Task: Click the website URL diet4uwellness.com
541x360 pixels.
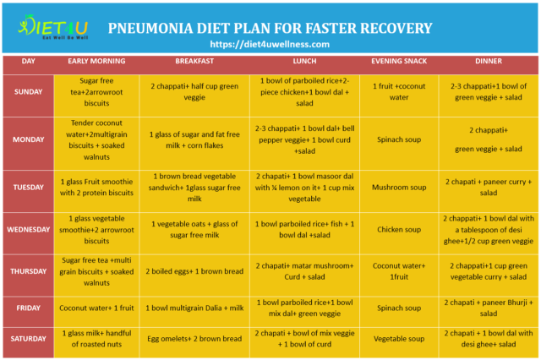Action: [270, 44]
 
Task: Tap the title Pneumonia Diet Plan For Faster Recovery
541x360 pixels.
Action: [270, 27]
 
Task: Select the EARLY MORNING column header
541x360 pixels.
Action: [96, 61]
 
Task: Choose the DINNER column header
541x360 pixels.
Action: [488, 61]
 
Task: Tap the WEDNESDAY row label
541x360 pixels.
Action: [29, 229]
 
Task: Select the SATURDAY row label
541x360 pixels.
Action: [29, 339]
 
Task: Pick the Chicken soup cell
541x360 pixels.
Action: [396, 229]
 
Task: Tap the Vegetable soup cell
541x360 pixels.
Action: [396, 339]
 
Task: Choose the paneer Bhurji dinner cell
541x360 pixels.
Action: [488, 308]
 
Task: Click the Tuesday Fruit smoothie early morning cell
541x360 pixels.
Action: [96, 186]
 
